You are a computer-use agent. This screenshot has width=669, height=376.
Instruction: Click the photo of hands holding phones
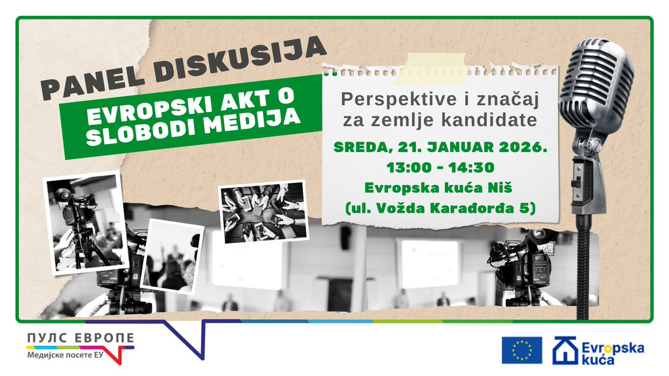coord(263,211)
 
